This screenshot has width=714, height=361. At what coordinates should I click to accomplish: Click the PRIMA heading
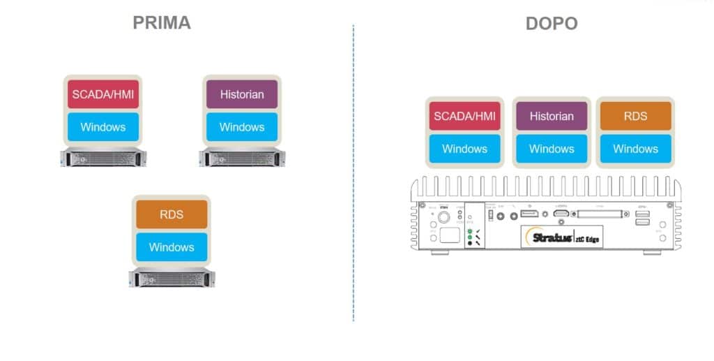coord(162,22)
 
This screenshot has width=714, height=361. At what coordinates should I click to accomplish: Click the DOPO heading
coord(551,24)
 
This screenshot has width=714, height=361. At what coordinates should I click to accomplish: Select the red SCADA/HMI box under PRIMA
coord(102,94)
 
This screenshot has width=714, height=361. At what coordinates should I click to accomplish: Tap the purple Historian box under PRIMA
coord(241,94)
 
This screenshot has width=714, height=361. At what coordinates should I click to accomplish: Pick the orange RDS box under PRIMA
coord(172,214)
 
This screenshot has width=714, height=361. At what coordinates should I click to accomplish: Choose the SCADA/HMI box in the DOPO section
coord(464,116)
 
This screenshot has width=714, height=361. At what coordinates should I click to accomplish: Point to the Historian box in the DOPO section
coord(551,116)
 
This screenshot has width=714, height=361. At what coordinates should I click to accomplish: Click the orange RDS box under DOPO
coord(635,116)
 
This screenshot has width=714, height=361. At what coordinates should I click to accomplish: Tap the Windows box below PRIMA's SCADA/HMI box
coord(102,127)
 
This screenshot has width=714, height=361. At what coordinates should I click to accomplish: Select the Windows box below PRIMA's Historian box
coord(241,127)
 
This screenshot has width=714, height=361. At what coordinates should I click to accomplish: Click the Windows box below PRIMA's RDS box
coord(172,247)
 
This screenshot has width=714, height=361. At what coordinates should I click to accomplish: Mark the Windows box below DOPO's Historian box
coord(551,149)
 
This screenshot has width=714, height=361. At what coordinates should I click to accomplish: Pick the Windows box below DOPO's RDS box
coord(635,149)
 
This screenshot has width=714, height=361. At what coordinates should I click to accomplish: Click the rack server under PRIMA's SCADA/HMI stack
coord(102,157)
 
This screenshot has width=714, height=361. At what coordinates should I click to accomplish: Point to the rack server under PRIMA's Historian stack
coord(241,157)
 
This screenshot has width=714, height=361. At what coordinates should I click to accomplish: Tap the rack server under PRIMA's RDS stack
coord(172,277)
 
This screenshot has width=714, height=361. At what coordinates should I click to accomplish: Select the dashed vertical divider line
coord(354,175)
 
